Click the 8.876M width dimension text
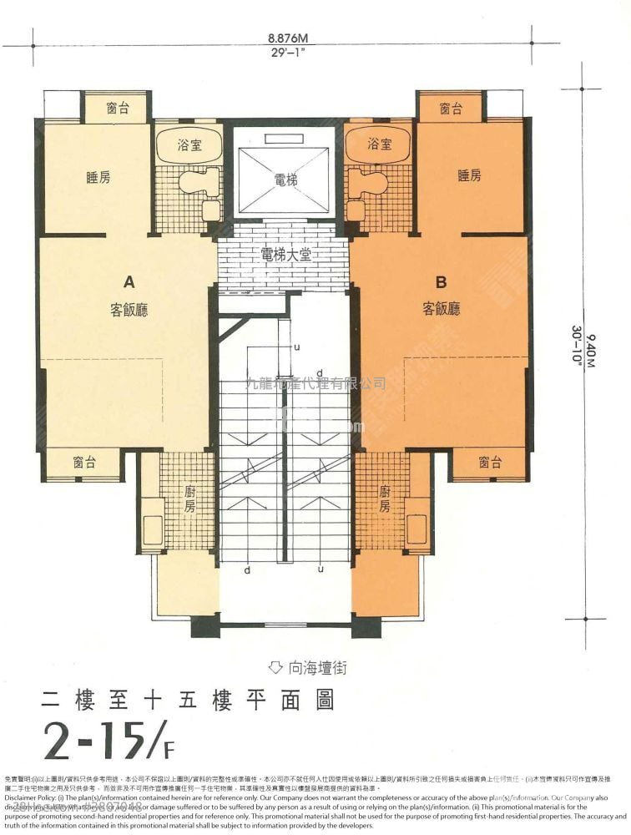288,38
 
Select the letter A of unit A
129,281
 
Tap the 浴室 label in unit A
189,145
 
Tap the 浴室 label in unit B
380,145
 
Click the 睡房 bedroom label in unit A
98,177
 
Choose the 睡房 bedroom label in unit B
469,175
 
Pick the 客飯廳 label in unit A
129,310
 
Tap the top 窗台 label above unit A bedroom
118,108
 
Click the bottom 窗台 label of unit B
490,462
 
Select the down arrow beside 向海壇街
276,667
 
